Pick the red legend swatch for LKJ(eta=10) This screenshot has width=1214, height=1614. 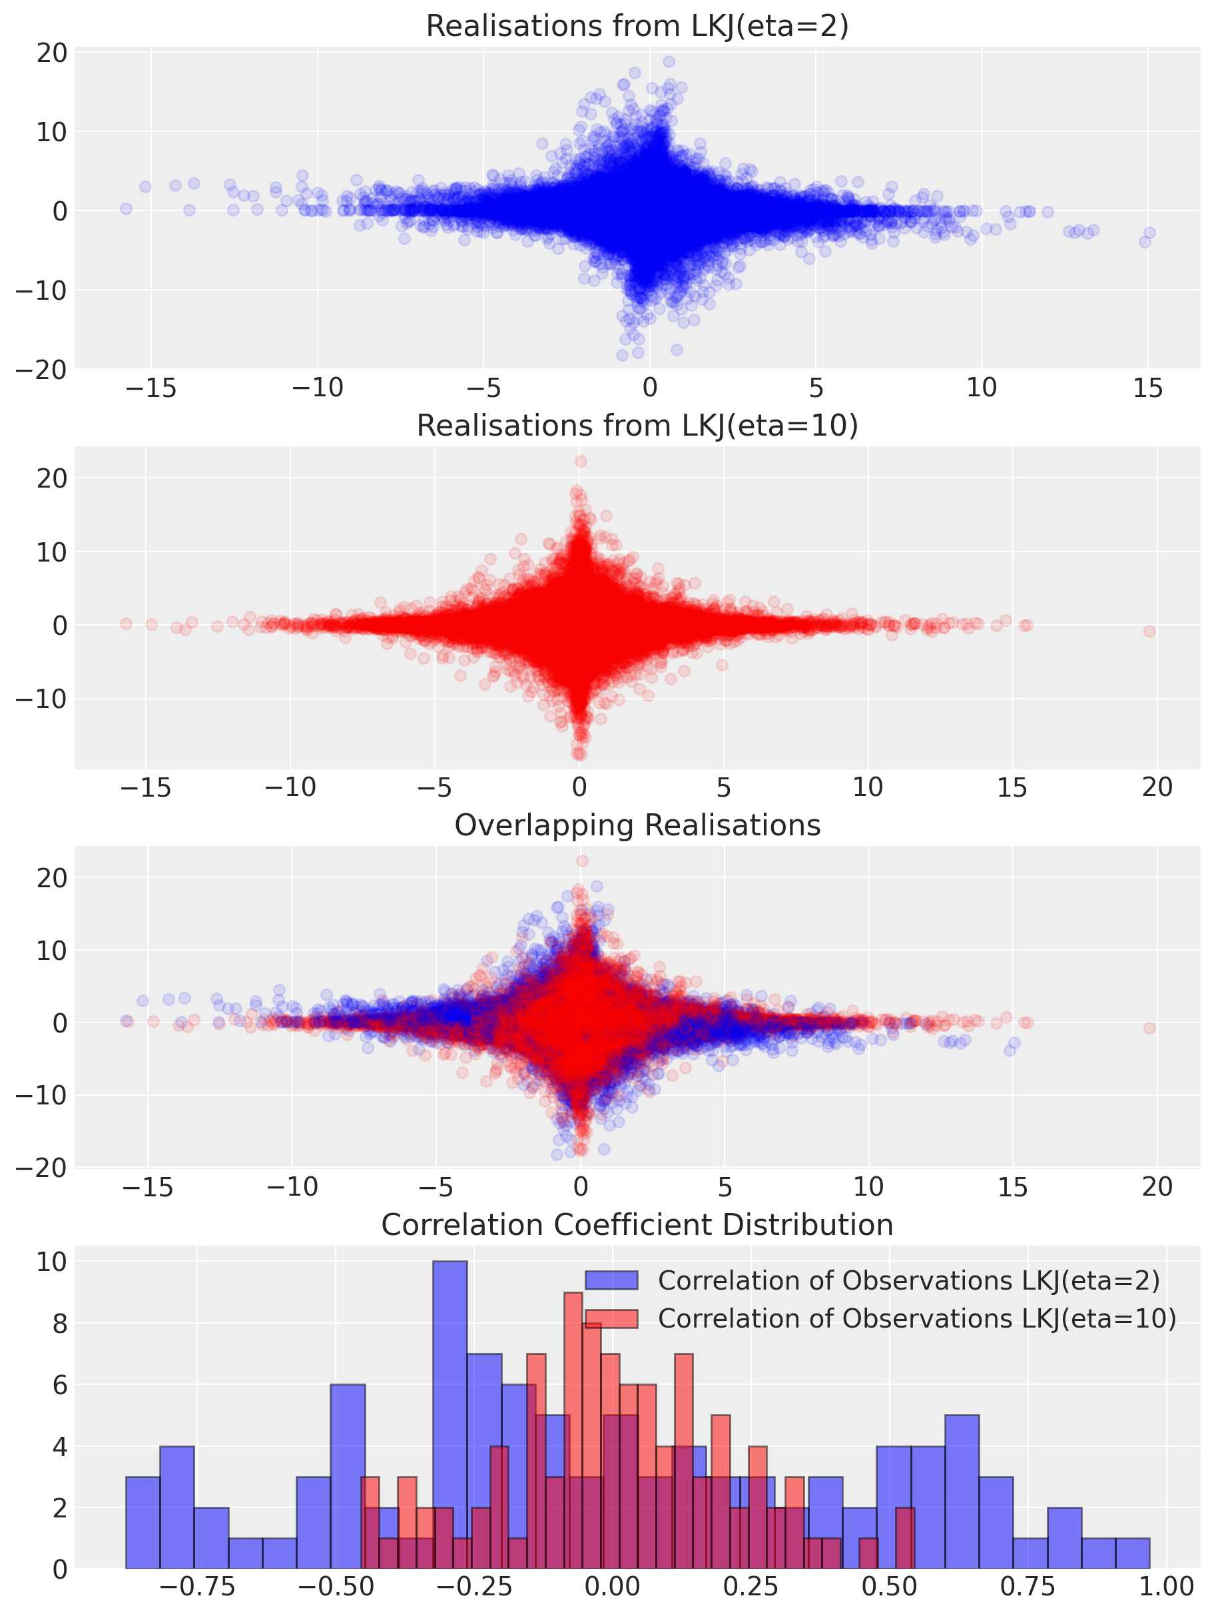tap(611, 1318)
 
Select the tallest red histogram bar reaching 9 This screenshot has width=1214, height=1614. tap(573, 1430)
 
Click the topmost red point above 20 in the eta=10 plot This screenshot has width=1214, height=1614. tap(581, 461)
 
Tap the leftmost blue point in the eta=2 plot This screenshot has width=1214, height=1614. tap(127, 208)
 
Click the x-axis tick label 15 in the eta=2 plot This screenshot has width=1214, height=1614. tap(1147, 388)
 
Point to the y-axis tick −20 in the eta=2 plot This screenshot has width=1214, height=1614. tap(43, 370)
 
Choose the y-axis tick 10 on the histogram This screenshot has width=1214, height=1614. tap(53, 1262)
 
